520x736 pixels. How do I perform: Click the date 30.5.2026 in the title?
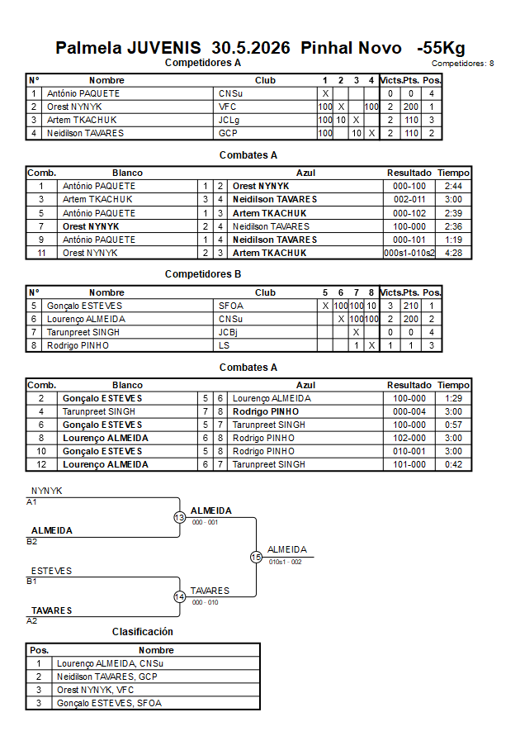251,48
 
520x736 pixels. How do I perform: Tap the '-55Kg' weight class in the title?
441,49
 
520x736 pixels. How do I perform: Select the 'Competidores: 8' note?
462,64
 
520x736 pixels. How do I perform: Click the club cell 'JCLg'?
229,120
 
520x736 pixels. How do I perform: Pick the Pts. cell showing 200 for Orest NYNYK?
411,107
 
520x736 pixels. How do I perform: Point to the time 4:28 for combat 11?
453,253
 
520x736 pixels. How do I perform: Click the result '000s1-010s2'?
409,253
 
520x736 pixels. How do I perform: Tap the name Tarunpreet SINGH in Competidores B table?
83,332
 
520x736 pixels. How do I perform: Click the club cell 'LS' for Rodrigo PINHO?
224,345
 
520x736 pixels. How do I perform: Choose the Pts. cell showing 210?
411,306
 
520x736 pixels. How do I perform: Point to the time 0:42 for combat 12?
453,465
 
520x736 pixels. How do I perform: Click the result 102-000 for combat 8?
409,439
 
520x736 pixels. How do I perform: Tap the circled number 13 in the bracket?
180,517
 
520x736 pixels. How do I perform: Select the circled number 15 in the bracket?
256,558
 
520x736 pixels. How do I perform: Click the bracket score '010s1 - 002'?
285,562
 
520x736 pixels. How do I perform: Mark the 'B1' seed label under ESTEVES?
31,581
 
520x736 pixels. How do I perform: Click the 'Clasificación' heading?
143,632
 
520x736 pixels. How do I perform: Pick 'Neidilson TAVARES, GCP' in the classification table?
107,677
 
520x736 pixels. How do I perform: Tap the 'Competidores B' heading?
203,274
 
